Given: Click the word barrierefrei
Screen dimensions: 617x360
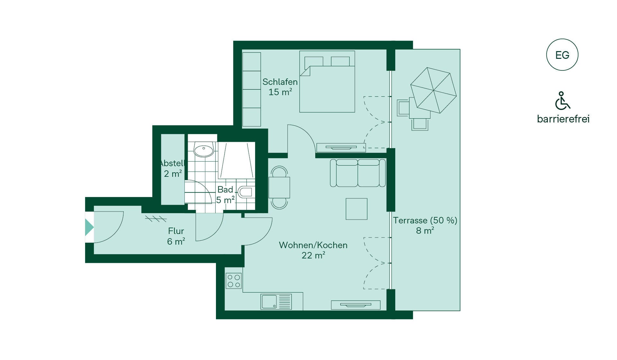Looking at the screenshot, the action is (563, 119).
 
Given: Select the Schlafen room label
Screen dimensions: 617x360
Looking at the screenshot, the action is (280, 82).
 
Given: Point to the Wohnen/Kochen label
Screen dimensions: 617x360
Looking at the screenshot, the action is (313, 245).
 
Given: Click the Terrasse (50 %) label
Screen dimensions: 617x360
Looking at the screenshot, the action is (425, 221).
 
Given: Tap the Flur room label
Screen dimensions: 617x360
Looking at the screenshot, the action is (176, 231).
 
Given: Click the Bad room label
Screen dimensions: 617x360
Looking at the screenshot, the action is (225, 190).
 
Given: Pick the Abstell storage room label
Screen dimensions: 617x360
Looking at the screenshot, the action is (173, 163).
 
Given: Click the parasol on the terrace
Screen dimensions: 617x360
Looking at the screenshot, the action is (434, 90).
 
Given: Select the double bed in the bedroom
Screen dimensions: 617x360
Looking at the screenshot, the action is (327, 82).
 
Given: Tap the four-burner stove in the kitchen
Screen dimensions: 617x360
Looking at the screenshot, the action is (234, 281).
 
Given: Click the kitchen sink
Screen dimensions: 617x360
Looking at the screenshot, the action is (276, 302).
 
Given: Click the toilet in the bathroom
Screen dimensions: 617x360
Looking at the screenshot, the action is (246, 192).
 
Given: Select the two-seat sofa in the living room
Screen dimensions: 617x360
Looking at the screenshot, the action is (358, 173).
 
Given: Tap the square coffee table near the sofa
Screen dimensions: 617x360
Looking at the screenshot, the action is (356, 209).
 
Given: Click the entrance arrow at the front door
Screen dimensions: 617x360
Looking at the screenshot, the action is (89, 227).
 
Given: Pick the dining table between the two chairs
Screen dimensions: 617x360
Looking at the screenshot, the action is (279, 187).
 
